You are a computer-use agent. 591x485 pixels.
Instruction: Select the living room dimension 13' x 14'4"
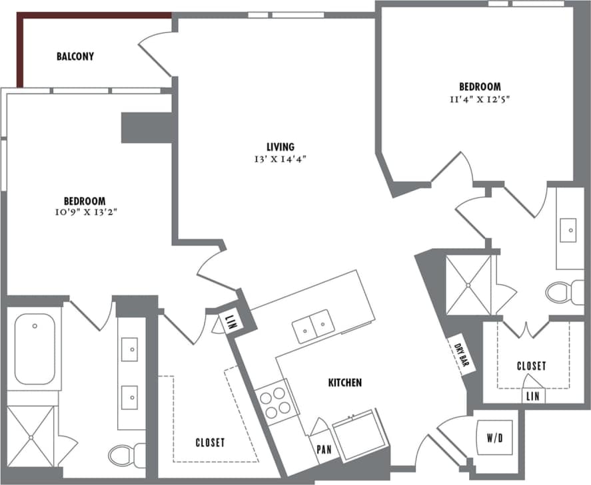pyautogui.click(x=281, y=159)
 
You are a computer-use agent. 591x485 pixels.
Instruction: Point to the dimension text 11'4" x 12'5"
pyautogui.click(x=479, y=99)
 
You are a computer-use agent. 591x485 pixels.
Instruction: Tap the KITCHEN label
pyautogui.click(x=345, y=383)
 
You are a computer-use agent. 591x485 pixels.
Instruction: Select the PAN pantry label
pyautogui.click(x=324, y=449)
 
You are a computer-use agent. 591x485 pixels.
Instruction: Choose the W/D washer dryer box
pyautogui.click(x=494, y=438)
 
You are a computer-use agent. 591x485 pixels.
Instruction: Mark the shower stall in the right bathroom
pyautogui.click(x=468, y=285)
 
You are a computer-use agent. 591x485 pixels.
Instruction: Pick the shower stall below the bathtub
pyautogui.click(x=29, y=436)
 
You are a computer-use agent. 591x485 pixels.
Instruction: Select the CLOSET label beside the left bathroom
pyautogui.click(x=210, y=442)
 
